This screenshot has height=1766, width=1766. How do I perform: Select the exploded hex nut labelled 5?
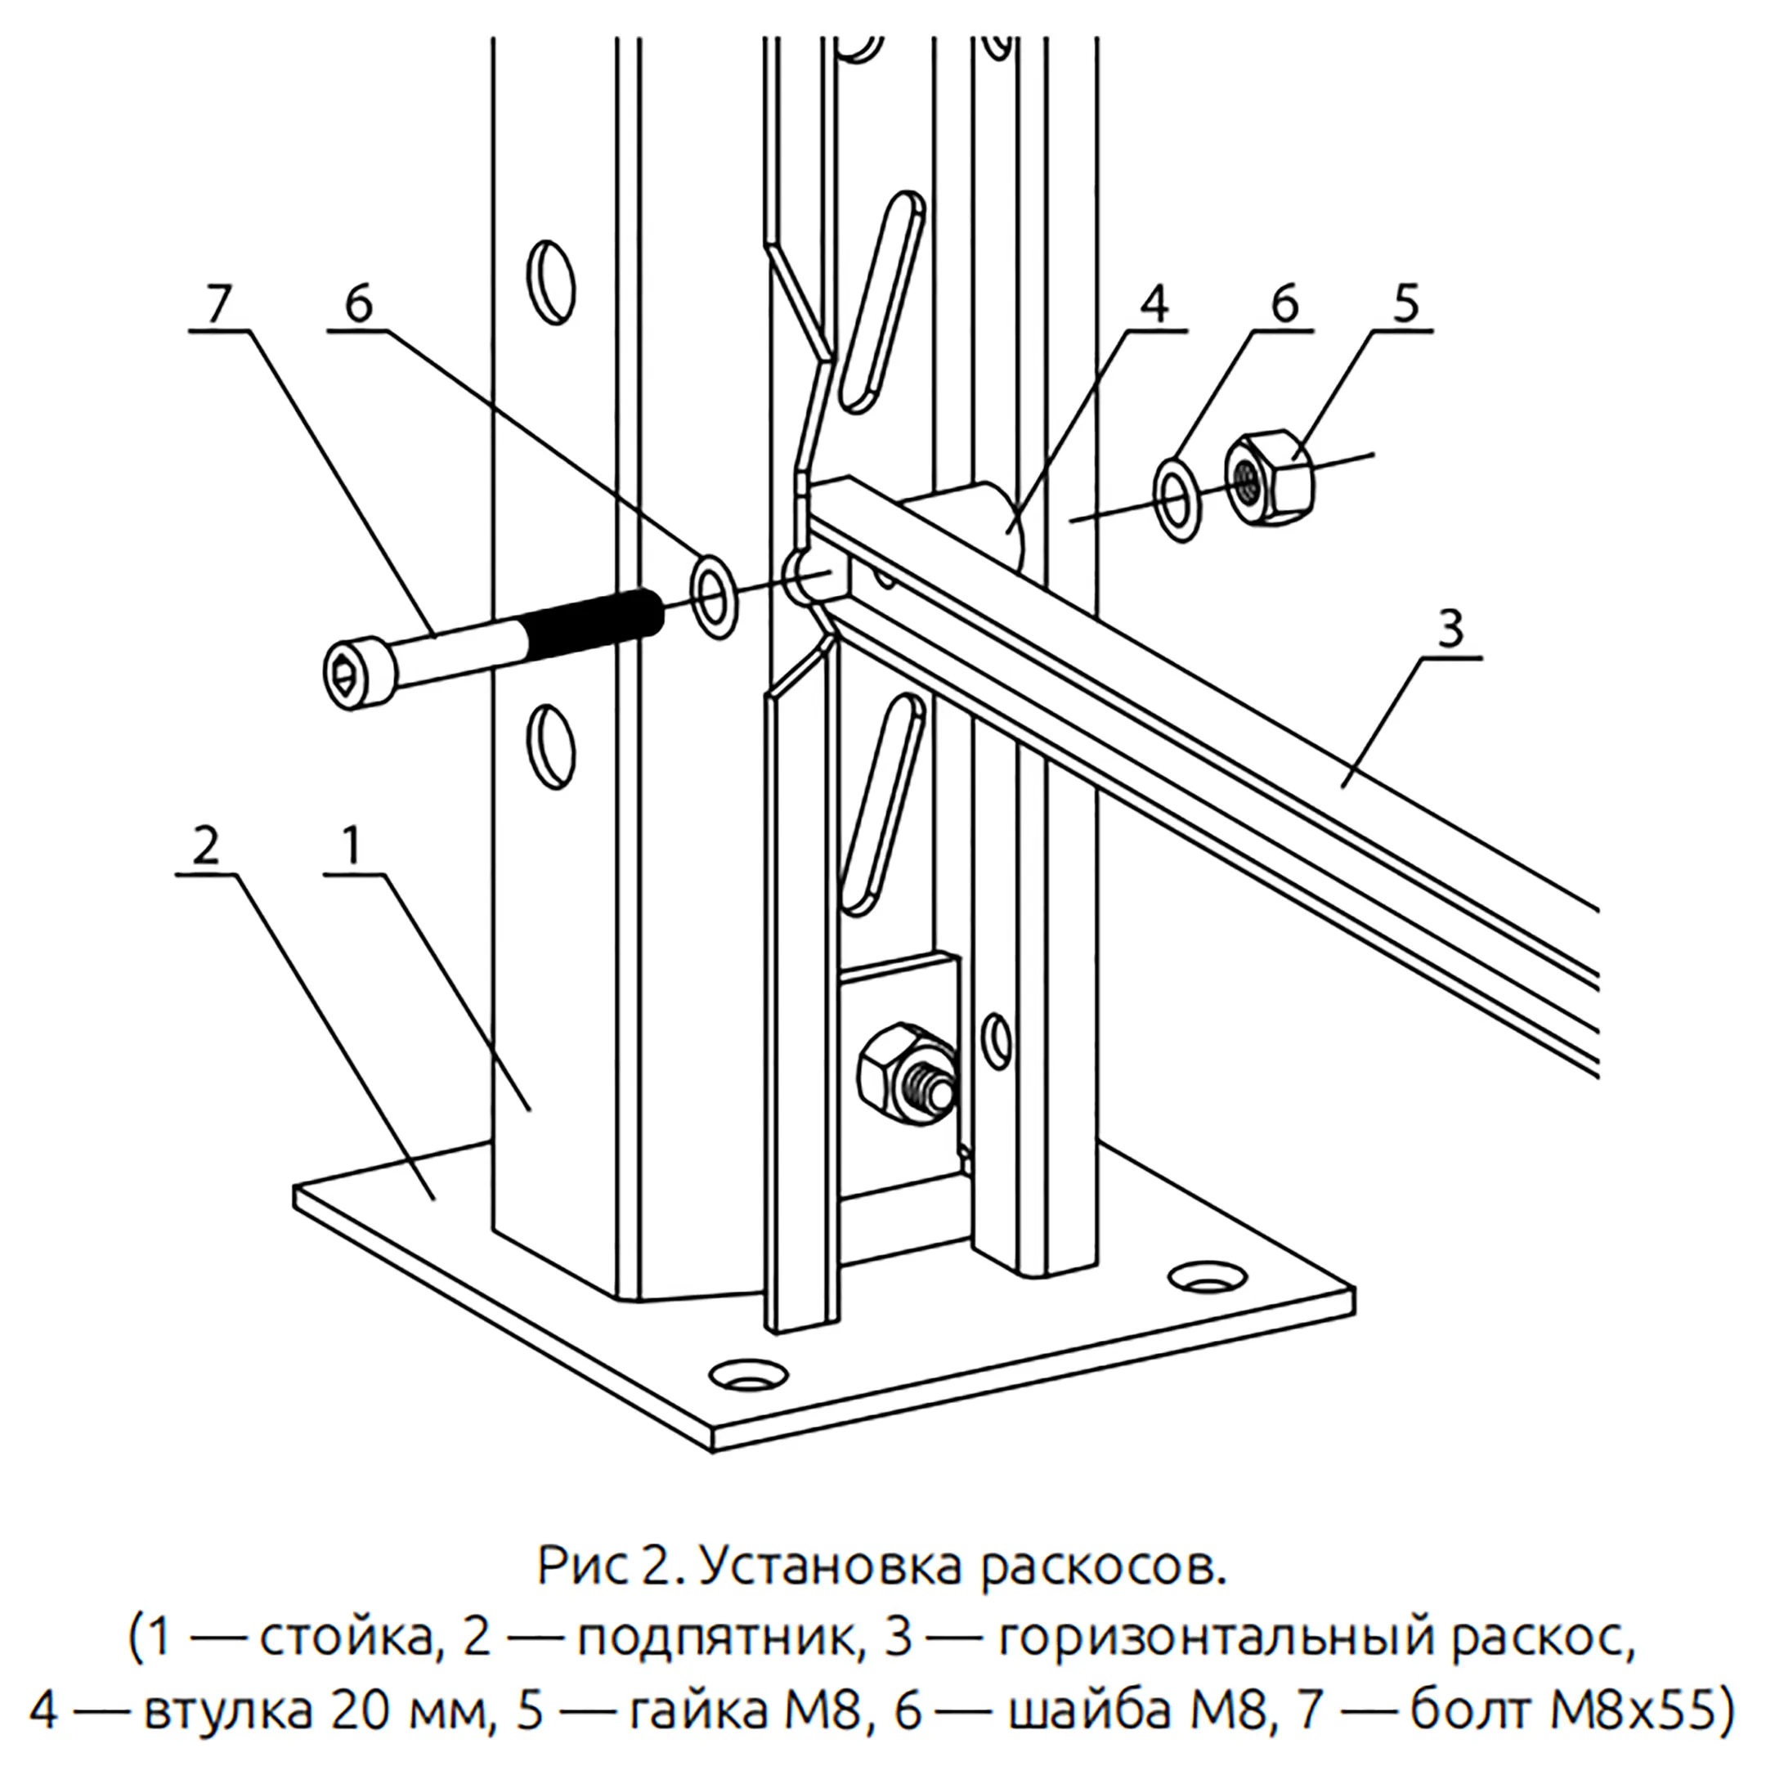pos(1270,478)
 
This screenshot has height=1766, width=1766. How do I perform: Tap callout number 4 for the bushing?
pos(1155,304)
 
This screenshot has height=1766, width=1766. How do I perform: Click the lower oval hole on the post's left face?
pos(552,745)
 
